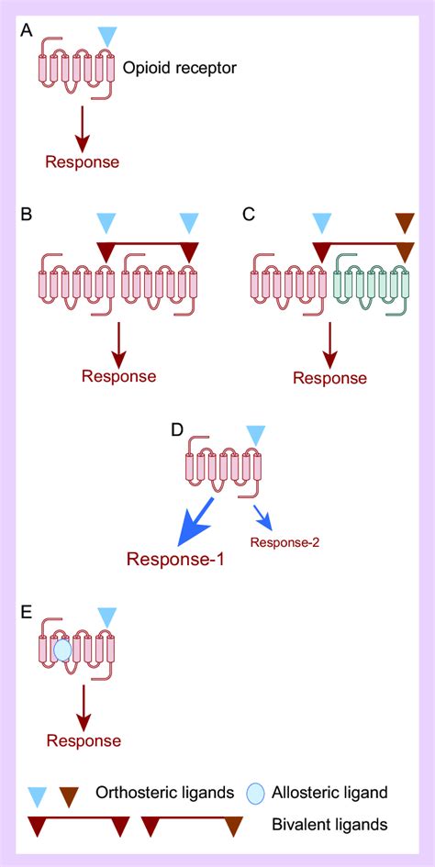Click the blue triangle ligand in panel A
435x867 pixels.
[108, 36]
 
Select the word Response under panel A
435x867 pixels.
[83, 162]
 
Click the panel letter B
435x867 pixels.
[27, 216]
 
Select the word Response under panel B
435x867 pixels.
[118, 375]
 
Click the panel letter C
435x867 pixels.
[247, 216]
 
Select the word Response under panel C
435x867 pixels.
[329, 378]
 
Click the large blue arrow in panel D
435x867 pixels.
[196, 524]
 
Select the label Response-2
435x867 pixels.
[284, 542]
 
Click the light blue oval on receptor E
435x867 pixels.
[62, 650]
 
